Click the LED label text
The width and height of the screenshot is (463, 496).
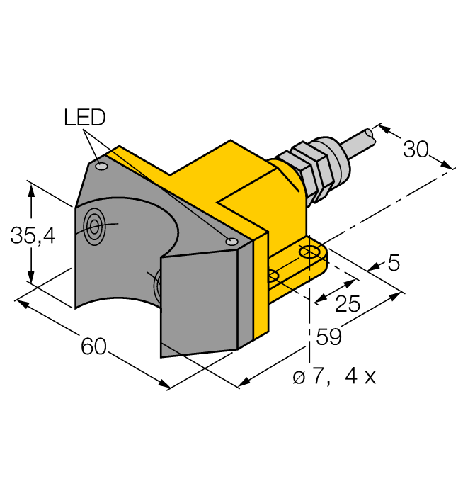(x=84, y=117)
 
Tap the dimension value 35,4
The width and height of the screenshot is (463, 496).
(x=33, y=236)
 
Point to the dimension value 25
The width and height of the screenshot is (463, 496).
(x=347, y=304)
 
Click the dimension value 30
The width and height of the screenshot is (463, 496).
(x=416, y=150)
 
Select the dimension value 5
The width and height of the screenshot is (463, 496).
(x=394, y=264)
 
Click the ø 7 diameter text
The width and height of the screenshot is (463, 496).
(x=311, y=376)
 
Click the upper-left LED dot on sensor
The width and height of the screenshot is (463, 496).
(x=101, y=167)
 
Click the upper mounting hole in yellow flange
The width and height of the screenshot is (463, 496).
(x=309, y=252)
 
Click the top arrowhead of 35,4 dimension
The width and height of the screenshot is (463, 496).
(x=31, y=186)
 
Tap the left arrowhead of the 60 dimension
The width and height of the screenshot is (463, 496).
(x=19, y=303)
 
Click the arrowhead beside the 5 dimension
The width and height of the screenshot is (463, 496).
(x=373, y=267)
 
